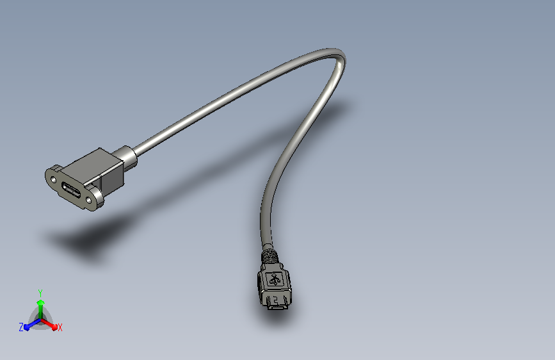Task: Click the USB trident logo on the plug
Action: click(275, 279)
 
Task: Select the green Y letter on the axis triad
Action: click(40, 291)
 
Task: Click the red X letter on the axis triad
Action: click(60, 327)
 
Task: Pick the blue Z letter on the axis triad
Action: click(21, 327)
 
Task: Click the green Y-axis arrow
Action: click(40, 304)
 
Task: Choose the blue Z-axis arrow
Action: click(29, 324)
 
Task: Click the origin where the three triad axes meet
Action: click(40, 318)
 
